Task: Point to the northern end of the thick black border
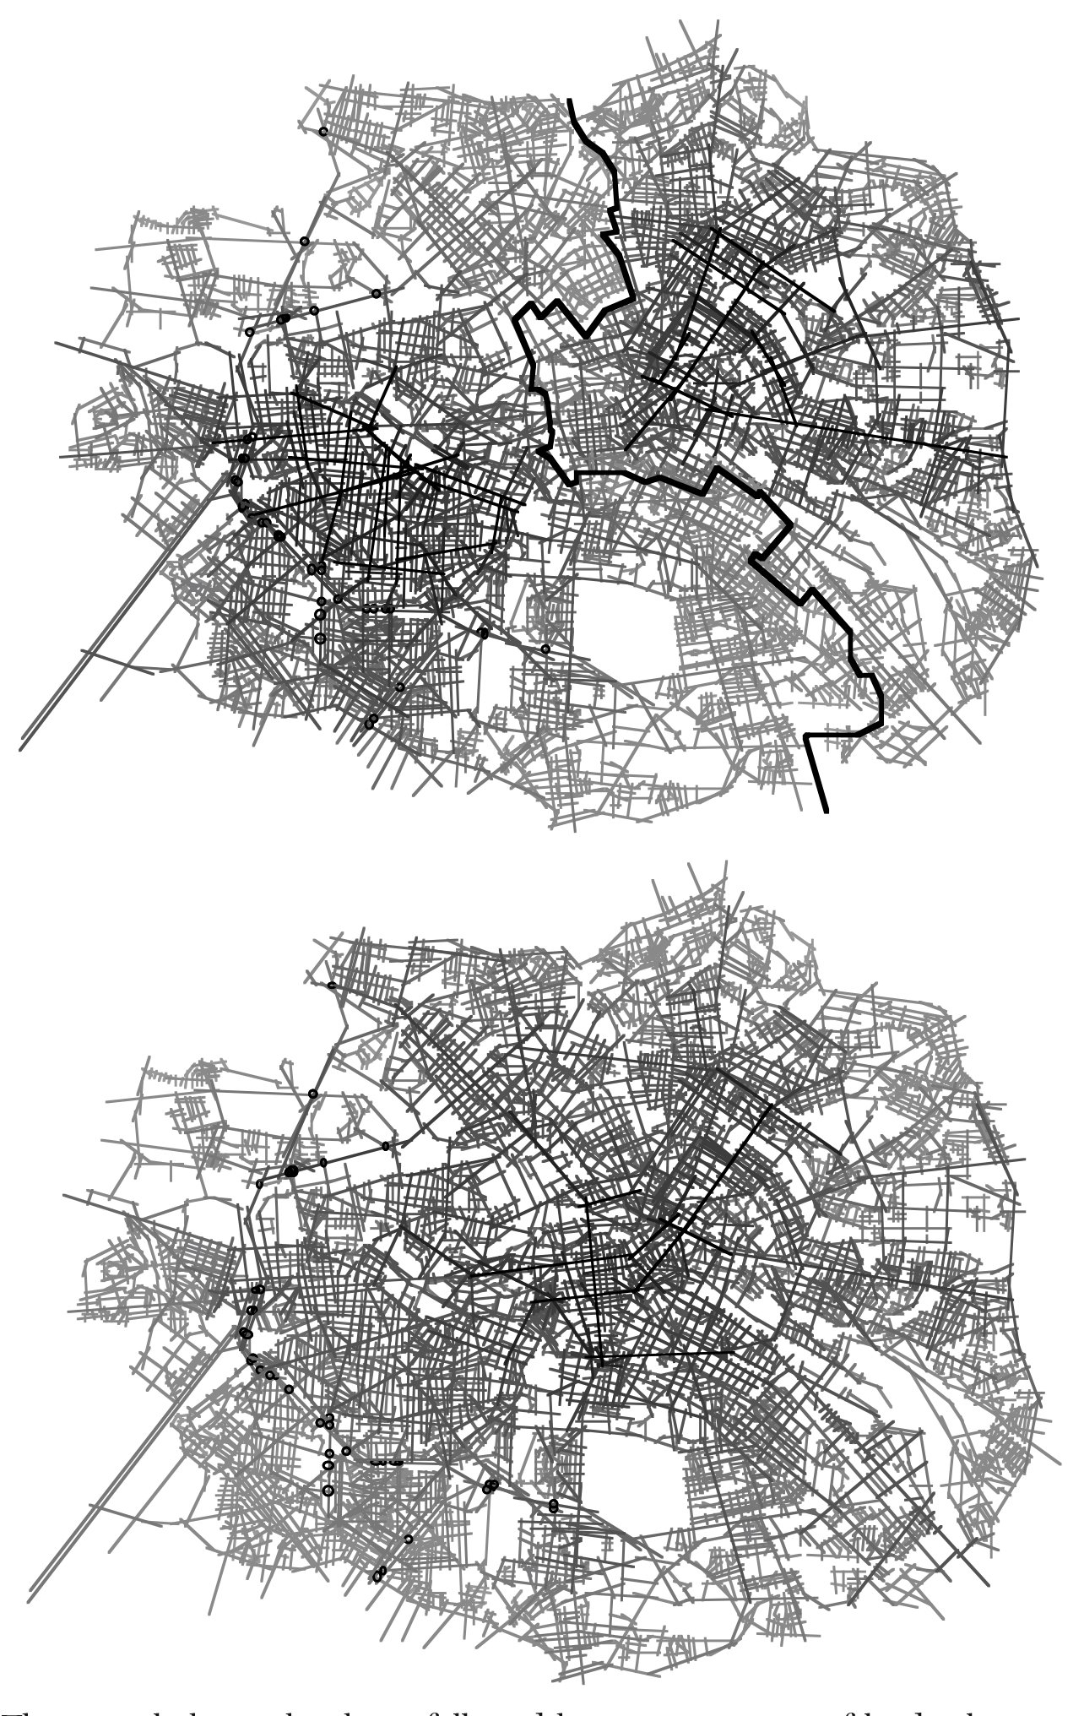(571, 101)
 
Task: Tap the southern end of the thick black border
(826, 810)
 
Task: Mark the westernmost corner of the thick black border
(517, 318)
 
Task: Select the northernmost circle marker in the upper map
(323, 132)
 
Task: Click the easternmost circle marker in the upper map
(545, 649)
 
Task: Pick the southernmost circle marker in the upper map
(369, 724)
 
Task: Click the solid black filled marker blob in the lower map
(292, 1171)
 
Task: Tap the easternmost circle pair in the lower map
(553, 1505)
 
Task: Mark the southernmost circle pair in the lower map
(379, 1574)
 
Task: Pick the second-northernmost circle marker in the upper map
(304, 242)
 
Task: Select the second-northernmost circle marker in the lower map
(313, 1094)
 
